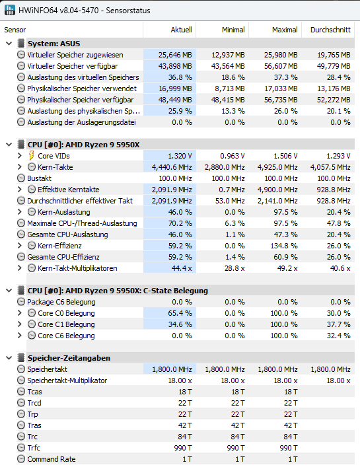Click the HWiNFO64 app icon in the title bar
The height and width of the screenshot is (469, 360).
[x=9, y=10]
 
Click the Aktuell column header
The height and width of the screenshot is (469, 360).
[x=181, y=30]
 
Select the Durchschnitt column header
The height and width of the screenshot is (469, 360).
[x=330, y=30]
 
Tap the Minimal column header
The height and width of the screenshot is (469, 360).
[x=233, y=30]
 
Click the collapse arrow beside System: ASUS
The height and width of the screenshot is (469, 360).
[x=9, y=44]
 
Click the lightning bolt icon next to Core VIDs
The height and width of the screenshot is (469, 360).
[x=32, y=156]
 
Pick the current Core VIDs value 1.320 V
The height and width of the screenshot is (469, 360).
[x=180, y=156]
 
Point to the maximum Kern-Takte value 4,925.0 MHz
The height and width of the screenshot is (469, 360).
[x=277, y=167]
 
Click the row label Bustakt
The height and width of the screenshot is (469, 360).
[x=39, y=178]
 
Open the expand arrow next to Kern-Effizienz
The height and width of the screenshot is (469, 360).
[x=20, y=246]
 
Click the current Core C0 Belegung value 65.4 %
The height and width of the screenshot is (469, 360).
[x=180, y=313]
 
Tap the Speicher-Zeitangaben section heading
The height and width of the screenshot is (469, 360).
[x=69, y=358]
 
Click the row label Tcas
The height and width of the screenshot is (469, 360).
[x=35, y=392]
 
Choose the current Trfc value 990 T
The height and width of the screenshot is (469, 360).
[x=183, y=448]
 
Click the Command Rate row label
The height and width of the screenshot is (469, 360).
[x=52, y=459]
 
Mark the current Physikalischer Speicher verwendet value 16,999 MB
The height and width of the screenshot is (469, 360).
[x=175, y=89]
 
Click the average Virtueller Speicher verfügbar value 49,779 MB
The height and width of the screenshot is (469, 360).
[x=334, y=66]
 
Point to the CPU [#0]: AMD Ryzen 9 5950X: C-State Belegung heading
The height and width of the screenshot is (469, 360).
[x=118, y=291]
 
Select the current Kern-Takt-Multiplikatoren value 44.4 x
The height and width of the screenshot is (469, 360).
[x=182, y=268]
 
